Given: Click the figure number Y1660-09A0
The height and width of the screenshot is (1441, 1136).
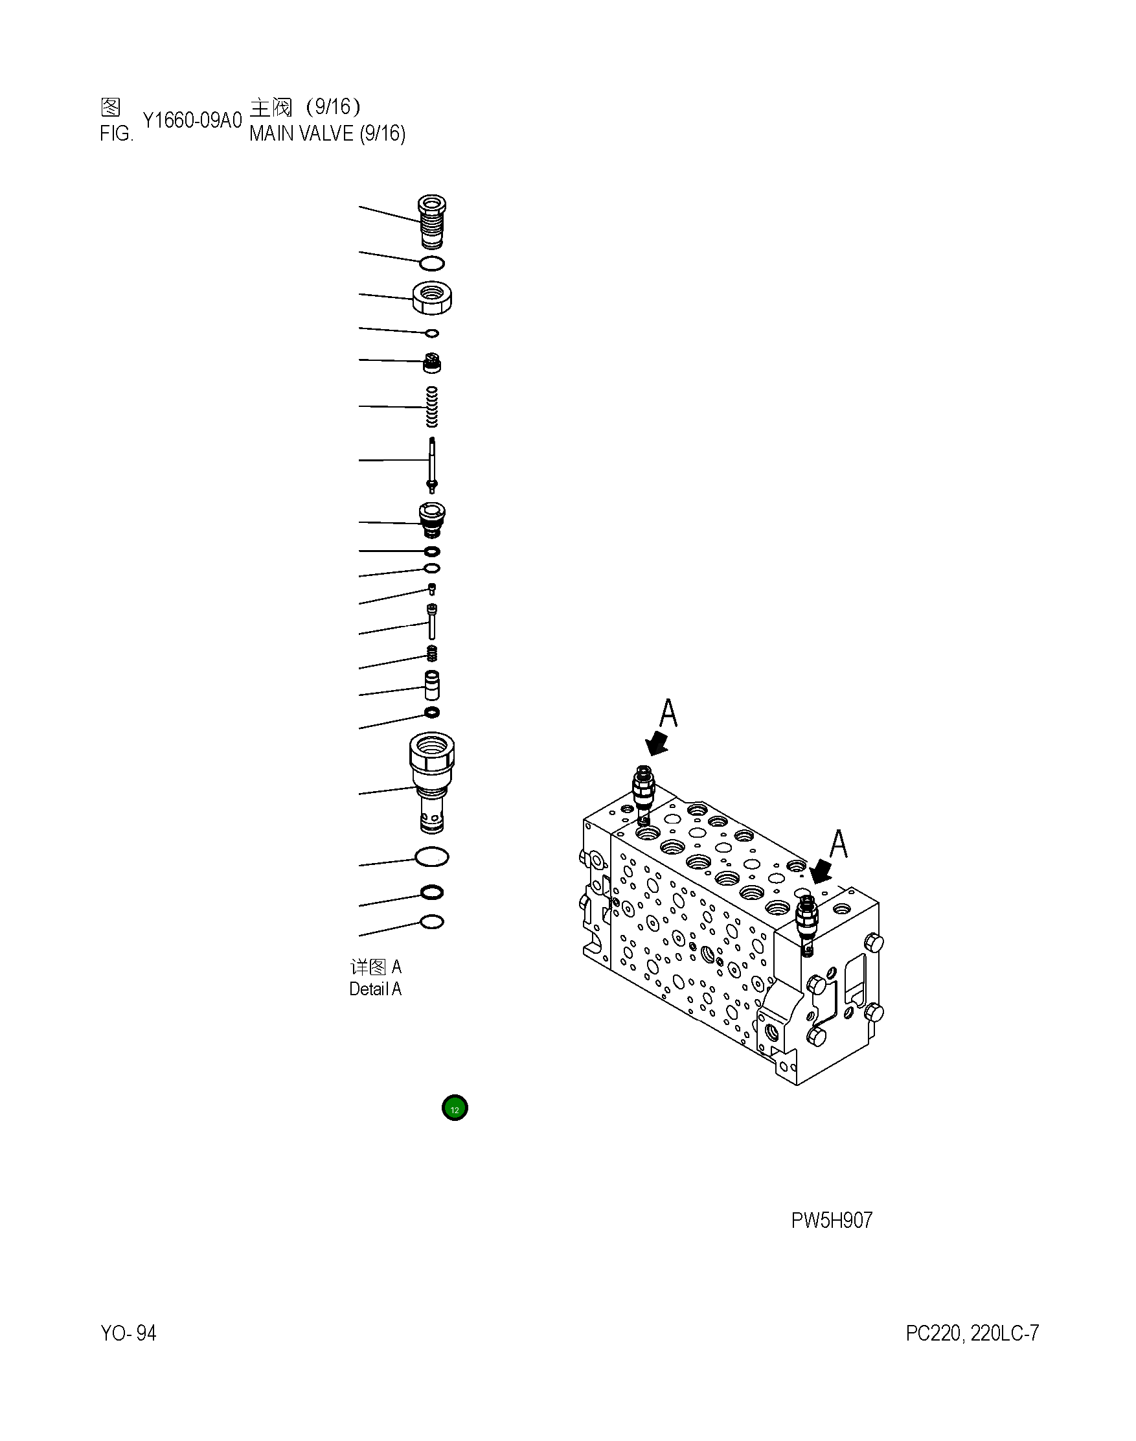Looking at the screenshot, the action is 192,121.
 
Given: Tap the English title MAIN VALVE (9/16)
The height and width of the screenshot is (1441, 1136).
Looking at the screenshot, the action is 327,133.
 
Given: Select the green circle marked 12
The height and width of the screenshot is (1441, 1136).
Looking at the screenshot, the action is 455,1109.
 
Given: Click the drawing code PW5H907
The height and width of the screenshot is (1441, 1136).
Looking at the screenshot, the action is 832,1220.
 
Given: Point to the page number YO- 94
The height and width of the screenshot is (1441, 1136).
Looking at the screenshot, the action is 128,1333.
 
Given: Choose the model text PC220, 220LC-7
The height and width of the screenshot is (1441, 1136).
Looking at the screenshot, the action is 971,1333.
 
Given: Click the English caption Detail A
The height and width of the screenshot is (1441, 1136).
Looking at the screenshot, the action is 375,989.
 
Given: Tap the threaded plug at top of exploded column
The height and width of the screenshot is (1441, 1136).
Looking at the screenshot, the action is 431,222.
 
